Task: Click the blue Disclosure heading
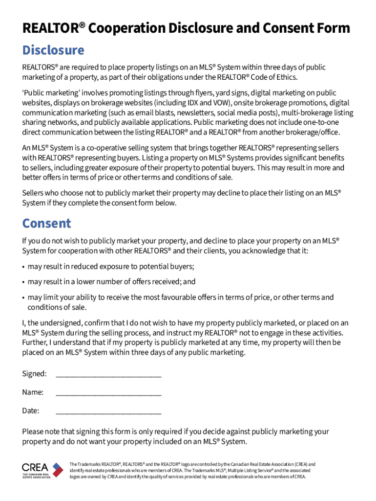[53, 50]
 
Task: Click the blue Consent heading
[47, 224]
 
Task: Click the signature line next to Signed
[108, 375]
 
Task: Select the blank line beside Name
[108, 393]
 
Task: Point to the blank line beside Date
[108, 412]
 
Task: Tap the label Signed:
[34, 374]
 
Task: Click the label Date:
[31, 410]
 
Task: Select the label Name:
[33, 392]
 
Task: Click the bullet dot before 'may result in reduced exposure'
[24, 267]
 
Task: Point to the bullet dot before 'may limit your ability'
[24, 297]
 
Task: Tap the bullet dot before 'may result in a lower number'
[24, 282]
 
